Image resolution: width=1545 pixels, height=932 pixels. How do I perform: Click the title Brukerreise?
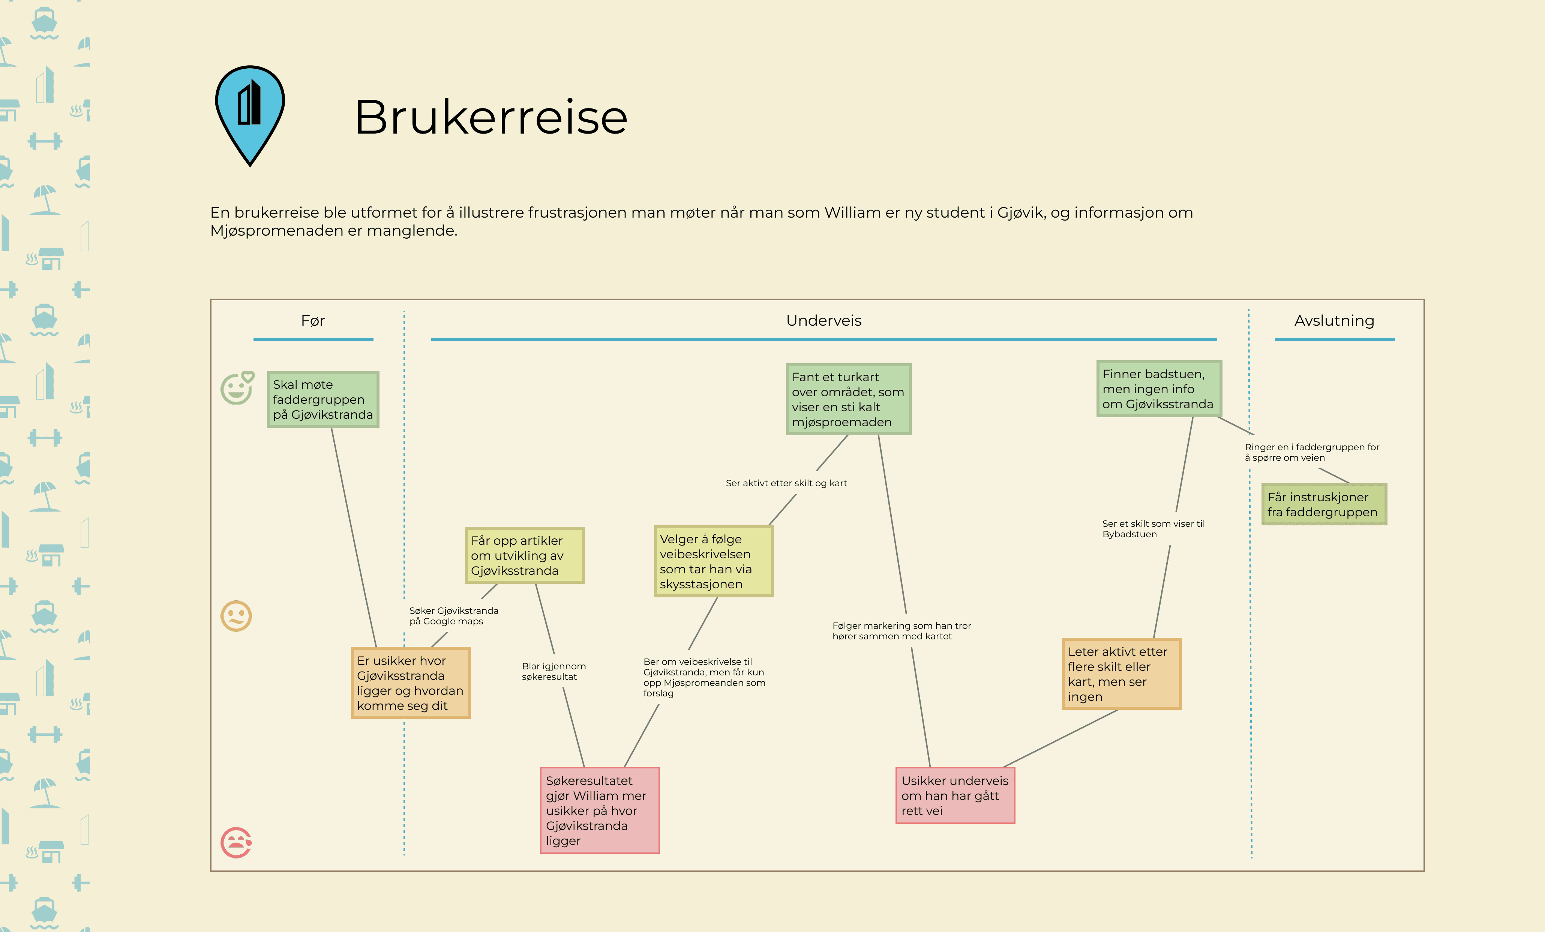point(490,117)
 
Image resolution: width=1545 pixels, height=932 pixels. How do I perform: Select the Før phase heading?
point(312,320)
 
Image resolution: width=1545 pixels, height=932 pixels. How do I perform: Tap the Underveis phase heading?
point(823,320)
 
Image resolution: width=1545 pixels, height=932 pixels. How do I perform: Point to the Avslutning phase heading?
point(1334,320)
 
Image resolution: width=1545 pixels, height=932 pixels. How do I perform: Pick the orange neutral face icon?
point(236,616)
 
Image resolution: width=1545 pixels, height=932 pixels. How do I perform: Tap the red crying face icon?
point(236,842)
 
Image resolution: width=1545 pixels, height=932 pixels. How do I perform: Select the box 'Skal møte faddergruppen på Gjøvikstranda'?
point(323,400)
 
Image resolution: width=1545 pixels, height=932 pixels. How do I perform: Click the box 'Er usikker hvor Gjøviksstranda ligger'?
point(411,683)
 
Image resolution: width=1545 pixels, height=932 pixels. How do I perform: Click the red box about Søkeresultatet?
point(600,810)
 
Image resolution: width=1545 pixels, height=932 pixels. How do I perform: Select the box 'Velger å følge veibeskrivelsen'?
point(714,561)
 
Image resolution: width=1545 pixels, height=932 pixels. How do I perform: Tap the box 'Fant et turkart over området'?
point(848,400)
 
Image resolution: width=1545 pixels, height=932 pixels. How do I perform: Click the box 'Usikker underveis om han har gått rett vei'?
point(955,795)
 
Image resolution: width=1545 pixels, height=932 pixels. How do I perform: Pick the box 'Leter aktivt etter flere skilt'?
point(1121,674)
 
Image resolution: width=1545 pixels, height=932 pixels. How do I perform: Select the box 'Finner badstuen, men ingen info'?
point(1159,389)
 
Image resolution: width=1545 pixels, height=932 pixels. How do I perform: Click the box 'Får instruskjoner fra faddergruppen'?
point(1324,504)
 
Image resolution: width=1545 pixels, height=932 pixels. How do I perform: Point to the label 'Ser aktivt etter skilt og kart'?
point(786,483)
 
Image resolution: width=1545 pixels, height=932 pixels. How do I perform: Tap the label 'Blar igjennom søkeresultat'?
point(553,671)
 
